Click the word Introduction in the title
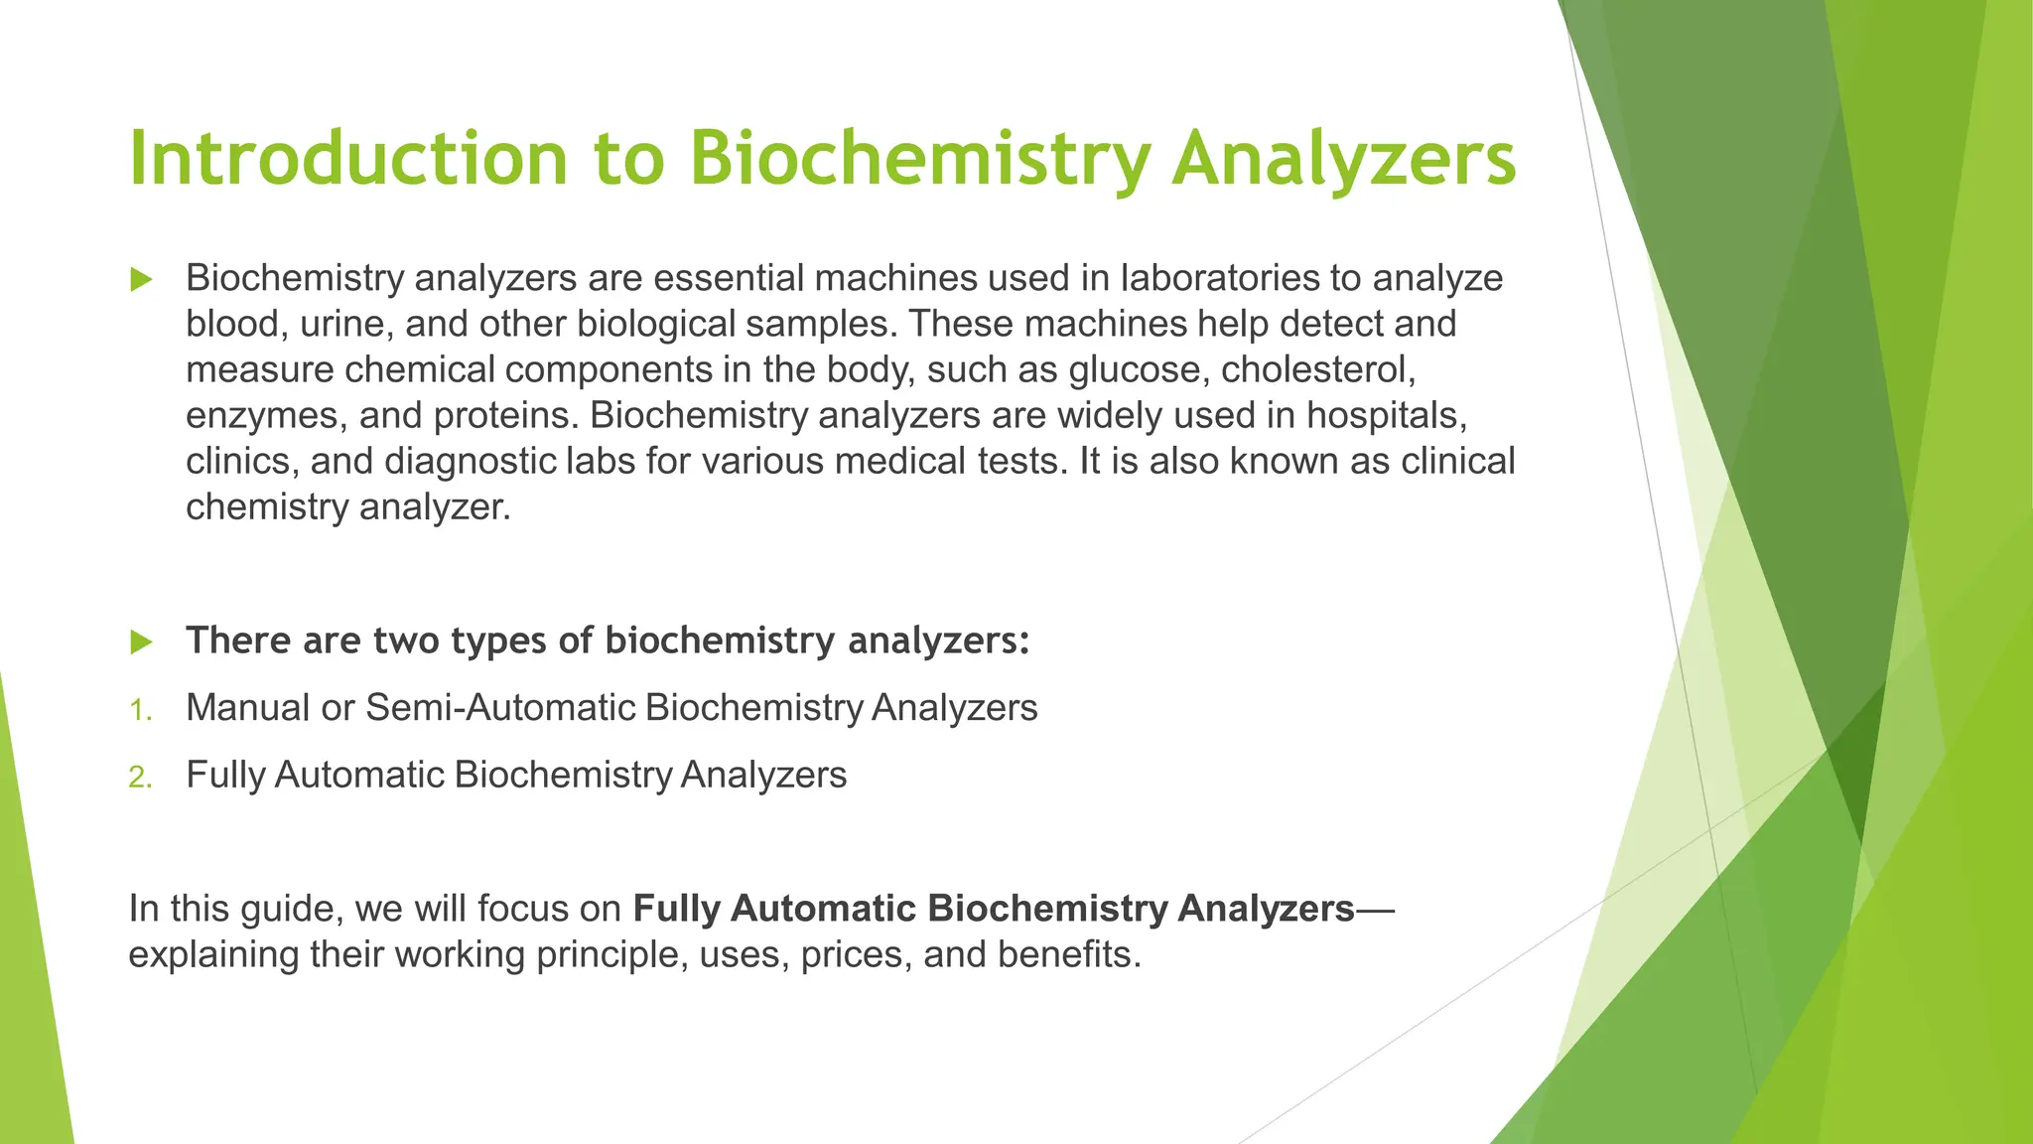(347, 159)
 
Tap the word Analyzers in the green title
(1343, 159)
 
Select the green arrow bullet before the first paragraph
(141, 280)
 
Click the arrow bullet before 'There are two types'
(141, 643)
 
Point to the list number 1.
(140, 711)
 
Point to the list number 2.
(140, 778)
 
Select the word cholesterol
(1317, 370)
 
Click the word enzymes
(265, 416)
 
